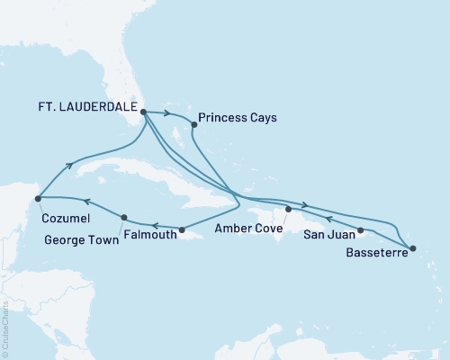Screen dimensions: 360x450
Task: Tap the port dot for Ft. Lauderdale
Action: click(x=144, y=112)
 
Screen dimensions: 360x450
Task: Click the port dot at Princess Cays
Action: click(x=193, y=123)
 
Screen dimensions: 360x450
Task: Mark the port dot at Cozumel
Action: click(x=37, y=199)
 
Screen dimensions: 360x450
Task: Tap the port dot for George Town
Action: click(x=123, y=217)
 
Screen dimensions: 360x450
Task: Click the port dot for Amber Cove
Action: click(x=287, y=210)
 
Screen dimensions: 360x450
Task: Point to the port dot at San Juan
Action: click(x=361, y=230)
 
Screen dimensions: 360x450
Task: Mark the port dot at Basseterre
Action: click(x=413, y=247)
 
